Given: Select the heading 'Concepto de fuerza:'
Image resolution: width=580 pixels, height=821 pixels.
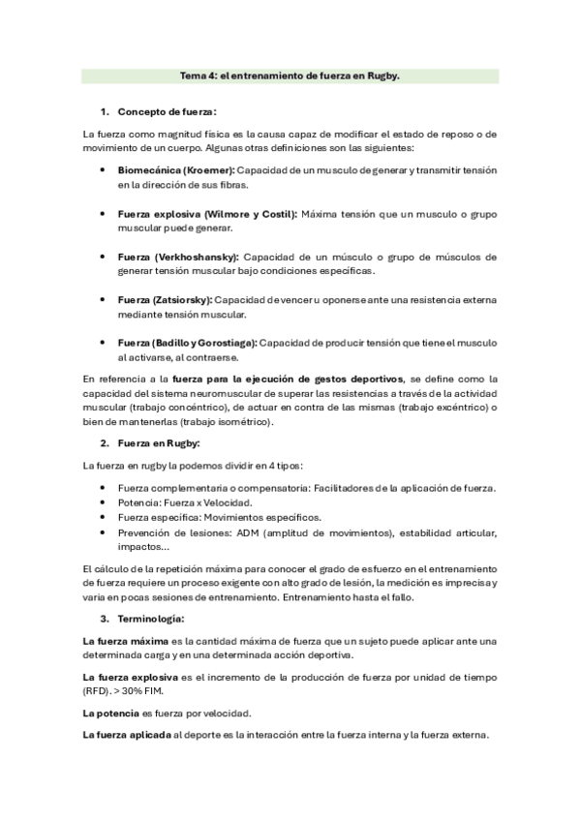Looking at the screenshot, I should click(166, 111).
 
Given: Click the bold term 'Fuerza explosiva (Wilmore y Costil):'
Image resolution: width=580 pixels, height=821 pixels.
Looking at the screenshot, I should click(207, 213).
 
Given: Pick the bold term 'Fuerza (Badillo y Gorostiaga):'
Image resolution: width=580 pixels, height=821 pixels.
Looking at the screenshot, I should click(188, 343).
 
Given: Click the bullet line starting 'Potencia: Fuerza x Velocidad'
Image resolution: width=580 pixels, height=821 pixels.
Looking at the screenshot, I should click(185, 503).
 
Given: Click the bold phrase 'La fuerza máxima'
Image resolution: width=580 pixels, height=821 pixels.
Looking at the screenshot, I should click(125, 641).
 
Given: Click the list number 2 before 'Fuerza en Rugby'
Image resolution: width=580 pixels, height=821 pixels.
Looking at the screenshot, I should click(104, 442).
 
